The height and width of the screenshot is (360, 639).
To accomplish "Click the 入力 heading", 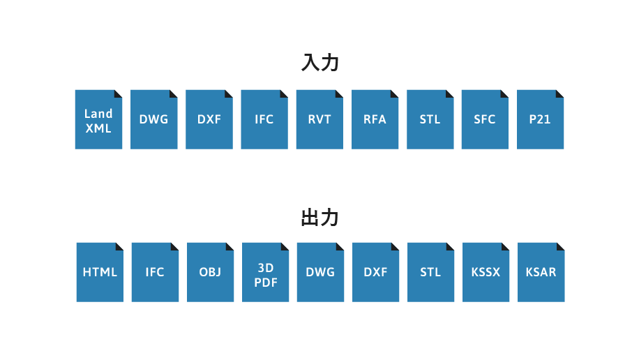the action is click(x=320, y=62).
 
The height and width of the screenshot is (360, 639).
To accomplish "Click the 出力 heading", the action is click(x=320, y=217).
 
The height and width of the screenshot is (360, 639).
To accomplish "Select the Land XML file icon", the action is click(x=98, y=119).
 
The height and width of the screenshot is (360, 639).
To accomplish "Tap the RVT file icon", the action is click(x=319, y=119).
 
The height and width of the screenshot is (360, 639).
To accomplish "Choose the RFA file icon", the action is click(x=375, y=119).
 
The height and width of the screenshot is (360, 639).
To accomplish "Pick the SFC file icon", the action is click(x=485, y=119).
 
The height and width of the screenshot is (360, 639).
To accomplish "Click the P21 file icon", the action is click(x=541, y=119).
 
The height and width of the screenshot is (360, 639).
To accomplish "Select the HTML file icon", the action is click(x=100, y=272).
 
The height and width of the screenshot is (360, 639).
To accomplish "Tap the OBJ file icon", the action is click(x=210, y=272).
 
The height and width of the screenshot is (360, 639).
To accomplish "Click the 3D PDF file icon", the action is click(x=265, y=272).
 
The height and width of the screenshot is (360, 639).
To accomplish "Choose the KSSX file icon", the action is click(x=486, y=272).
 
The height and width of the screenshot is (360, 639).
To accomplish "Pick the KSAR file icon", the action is click(x=541, y=272).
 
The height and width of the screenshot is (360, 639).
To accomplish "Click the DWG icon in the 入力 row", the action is click(x=154, y=119).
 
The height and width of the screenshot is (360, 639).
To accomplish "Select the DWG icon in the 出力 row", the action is click(x=320, y=272).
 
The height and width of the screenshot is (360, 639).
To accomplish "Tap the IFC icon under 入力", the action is click(x=264, y=119).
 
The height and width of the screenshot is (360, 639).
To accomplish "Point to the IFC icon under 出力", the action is click(x=156, y=272).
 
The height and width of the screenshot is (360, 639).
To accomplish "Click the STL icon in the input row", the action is click(x=430, y=119).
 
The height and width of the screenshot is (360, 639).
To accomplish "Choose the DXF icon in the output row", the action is click(x=376, y=272).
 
